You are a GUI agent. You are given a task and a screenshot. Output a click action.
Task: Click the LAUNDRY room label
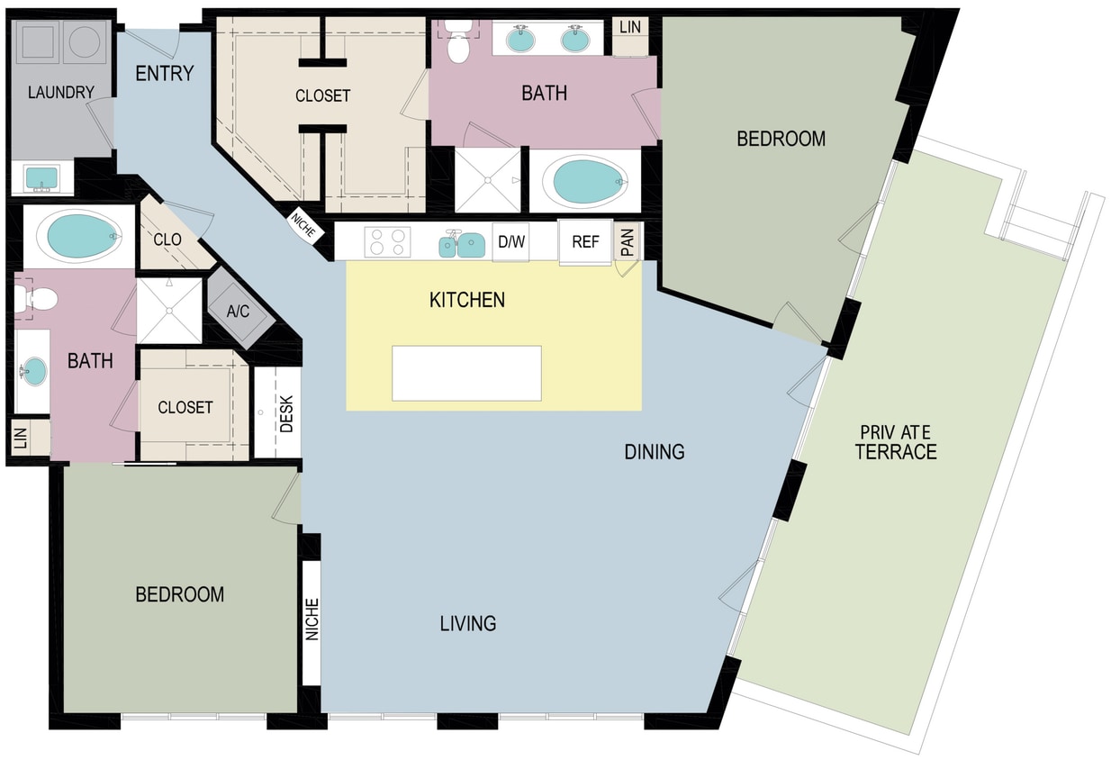(x=60, y=92)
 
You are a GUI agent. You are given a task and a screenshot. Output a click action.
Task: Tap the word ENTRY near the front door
(x=165, y=73)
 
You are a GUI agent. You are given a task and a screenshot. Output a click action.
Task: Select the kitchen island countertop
(x=466, y=373)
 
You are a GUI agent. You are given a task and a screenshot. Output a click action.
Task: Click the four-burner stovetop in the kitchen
(x=387, y=241)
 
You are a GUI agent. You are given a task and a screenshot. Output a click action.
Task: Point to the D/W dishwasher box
(x=510, y=241)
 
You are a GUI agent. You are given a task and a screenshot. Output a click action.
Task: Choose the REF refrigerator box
(x=585, y=241)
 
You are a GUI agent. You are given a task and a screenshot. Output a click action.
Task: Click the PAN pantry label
(x=628, y=241)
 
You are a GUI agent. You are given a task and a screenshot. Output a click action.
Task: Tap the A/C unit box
(x=238, y=312)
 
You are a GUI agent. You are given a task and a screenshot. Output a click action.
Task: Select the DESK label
(x=286, y=413)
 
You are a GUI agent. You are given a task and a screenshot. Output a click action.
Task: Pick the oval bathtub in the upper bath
(x=589, y=181)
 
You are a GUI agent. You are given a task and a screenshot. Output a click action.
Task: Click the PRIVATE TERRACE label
(x=896, y=442)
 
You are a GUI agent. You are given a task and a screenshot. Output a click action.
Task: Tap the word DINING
(x=655, y=451)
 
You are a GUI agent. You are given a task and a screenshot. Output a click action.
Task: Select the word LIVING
(x=468, y=622)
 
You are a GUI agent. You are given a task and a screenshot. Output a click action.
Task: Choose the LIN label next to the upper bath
(x=630, y=27)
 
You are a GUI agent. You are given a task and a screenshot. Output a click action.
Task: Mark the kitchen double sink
(x=461, y=244)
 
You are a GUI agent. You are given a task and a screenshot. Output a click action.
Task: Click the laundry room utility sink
(x=41, y=178)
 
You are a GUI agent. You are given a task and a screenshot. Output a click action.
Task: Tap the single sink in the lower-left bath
(x=34, y=371)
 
